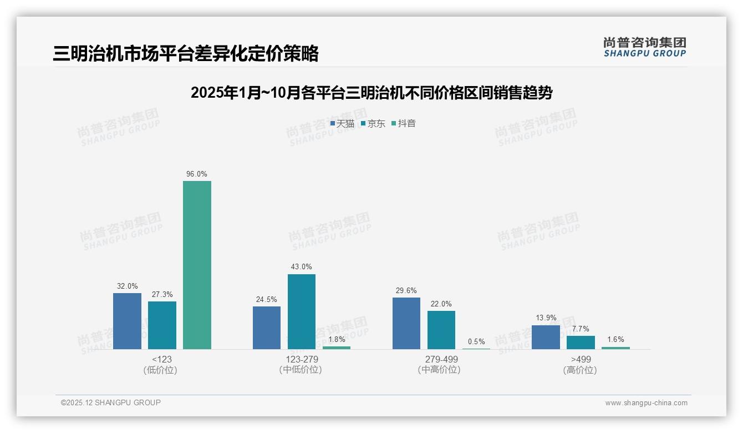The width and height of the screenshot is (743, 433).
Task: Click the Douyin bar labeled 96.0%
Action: coord(197,265)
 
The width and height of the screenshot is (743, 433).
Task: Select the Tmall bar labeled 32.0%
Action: coord(127,321)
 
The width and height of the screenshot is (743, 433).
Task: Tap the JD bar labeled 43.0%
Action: coord(301,311)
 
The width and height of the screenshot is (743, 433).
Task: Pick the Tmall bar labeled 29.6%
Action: coord(406,323)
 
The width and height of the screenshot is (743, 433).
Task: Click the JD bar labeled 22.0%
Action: coord(441,330)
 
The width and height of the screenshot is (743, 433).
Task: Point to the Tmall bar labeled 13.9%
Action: coord(546,337)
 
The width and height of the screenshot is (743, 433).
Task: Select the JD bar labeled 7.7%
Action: coord(581,343)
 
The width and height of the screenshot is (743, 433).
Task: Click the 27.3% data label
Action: coord(162,294)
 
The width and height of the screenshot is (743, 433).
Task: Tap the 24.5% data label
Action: coord(267,299)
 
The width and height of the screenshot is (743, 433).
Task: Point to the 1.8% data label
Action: coord(337,339)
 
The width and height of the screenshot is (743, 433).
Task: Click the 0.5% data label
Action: coord(476,341)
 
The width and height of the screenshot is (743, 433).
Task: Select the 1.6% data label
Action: coord(615,339)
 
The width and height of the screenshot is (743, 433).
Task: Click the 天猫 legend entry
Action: coord(342,123)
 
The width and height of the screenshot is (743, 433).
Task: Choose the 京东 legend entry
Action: coord(373,123)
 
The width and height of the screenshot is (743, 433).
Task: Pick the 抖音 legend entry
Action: coord(404,123)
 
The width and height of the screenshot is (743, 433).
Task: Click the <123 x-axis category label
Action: coord(161,359)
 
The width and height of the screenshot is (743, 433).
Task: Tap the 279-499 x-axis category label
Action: coord(441,359)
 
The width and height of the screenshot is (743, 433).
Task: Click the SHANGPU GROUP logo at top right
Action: coord(644,47)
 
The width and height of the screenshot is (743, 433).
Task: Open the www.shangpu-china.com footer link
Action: coord(646,403)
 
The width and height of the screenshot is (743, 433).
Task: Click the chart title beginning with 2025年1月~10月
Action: coord(371,93)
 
